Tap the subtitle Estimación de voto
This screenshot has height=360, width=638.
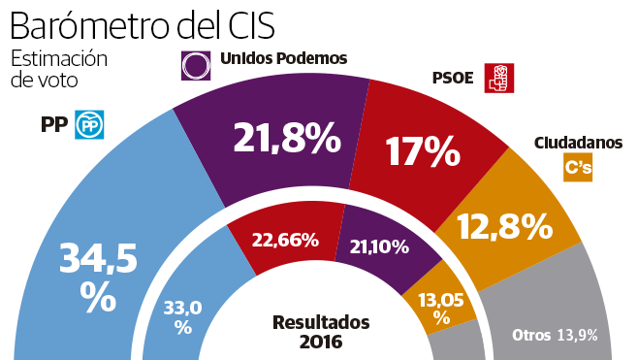click(58, 70)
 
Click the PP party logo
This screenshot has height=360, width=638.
click(89, 123)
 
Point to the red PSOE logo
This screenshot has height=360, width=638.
click(498, 78)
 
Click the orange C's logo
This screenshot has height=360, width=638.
click(579, 168)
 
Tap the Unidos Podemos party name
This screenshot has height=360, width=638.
click(283, 58)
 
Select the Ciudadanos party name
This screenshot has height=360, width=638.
click(578, 143)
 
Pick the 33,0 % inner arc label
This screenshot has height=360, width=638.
click(182, 317)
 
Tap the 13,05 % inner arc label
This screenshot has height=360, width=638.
click(442, 309)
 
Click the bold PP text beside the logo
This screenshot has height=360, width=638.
click(52, 123)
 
